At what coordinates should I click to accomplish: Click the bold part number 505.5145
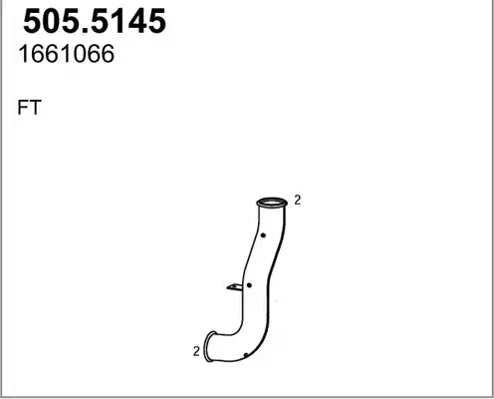[95, 21]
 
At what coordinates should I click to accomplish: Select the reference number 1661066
[67, 54]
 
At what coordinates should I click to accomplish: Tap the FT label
[29, 108]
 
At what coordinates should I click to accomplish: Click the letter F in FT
[23, 108]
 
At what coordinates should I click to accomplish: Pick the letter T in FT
[35, 108]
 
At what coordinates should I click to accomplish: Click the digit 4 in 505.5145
[136, 21]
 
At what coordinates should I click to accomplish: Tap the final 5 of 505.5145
[156, 21]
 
